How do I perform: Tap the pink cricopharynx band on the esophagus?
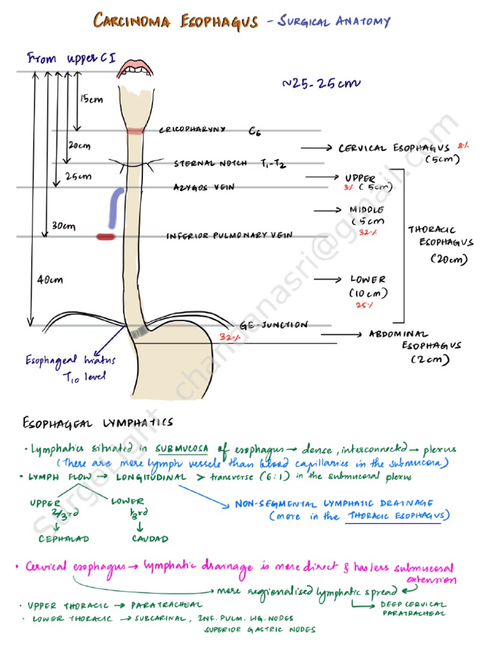click(134, 131)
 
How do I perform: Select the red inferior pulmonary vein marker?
click(105, 237)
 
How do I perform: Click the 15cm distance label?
click(91, 98)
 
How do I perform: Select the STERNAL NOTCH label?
click(212, 164)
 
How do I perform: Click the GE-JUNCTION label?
click(274, 325)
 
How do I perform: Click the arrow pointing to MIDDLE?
click(327, 209)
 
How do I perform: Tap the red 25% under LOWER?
click(363, 305)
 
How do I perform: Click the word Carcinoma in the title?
click(132, 22)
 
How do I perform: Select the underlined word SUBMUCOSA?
click(182, 449)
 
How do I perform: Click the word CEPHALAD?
click(64, 539)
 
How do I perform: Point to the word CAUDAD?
click(150, 539)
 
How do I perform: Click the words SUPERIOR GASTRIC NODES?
click(259, 630)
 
